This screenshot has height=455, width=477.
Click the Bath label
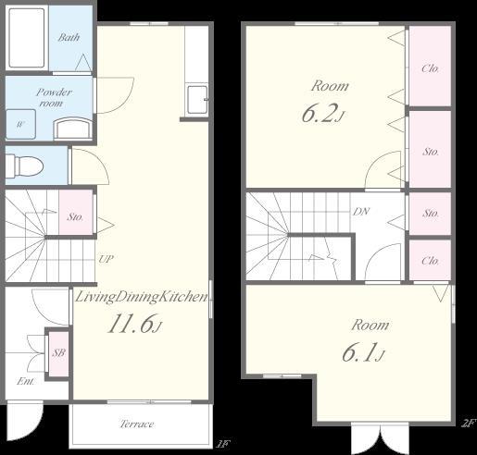tap(69, 38)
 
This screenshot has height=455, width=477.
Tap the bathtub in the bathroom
tap(27, 38)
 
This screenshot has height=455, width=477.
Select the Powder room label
tap(54, 97)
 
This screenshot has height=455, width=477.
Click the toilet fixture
tap(24, 166)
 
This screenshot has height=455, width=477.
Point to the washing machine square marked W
tap(20, 124)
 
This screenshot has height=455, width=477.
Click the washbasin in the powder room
tap(73, 129)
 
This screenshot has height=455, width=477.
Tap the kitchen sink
tap(197, 100)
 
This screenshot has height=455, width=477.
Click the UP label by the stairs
tap(106, 259)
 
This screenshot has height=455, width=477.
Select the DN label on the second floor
tap(361, 212)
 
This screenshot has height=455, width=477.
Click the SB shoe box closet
tap(58, 353)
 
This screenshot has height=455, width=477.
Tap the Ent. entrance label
tap(26, 381)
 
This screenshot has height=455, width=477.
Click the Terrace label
tap(137, 424)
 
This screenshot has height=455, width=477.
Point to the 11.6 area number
tap(134, 325)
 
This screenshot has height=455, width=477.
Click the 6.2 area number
tap(322, 113)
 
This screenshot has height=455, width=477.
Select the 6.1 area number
tap(363, 352)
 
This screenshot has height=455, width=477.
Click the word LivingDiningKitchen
tap(142, 297)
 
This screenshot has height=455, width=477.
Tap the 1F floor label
tap(222, 444)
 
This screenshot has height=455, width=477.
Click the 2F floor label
tap(468, 424)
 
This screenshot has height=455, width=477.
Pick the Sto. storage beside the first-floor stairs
tap(76, 213)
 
